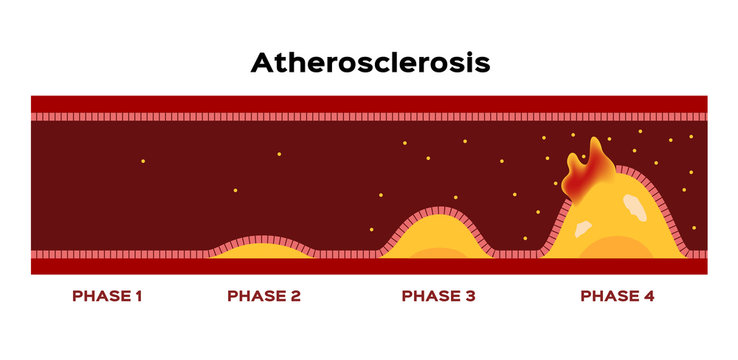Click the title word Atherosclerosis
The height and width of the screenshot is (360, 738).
[x=370, y=63]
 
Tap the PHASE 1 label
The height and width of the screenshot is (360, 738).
[x=107, y=296]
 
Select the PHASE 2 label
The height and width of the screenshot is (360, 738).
[x=264, y=296]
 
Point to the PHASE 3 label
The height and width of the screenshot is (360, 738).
[x=438, y=296]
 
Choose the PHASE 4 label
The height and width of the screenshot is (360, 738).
[x=618, y=296]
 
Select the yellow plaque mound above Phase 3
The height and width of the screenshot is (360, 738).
[x=437, y=236]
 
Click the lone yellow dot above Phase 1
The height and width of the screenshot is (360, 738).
[x=143, y=161]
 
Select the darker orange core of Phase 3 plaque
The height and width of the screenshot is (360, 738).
[x=437, y=253]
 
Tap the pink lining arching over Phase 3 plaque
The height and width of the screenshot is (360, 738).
[x=437, y=212]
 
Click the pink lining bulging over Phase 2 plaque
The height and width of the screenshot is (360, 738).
[x=262, y=240]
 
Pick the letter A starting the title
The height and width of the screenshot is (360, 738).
[x=262, y=63]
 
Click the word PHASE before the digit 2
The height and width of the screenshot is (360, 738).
[x=256, y=296]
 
